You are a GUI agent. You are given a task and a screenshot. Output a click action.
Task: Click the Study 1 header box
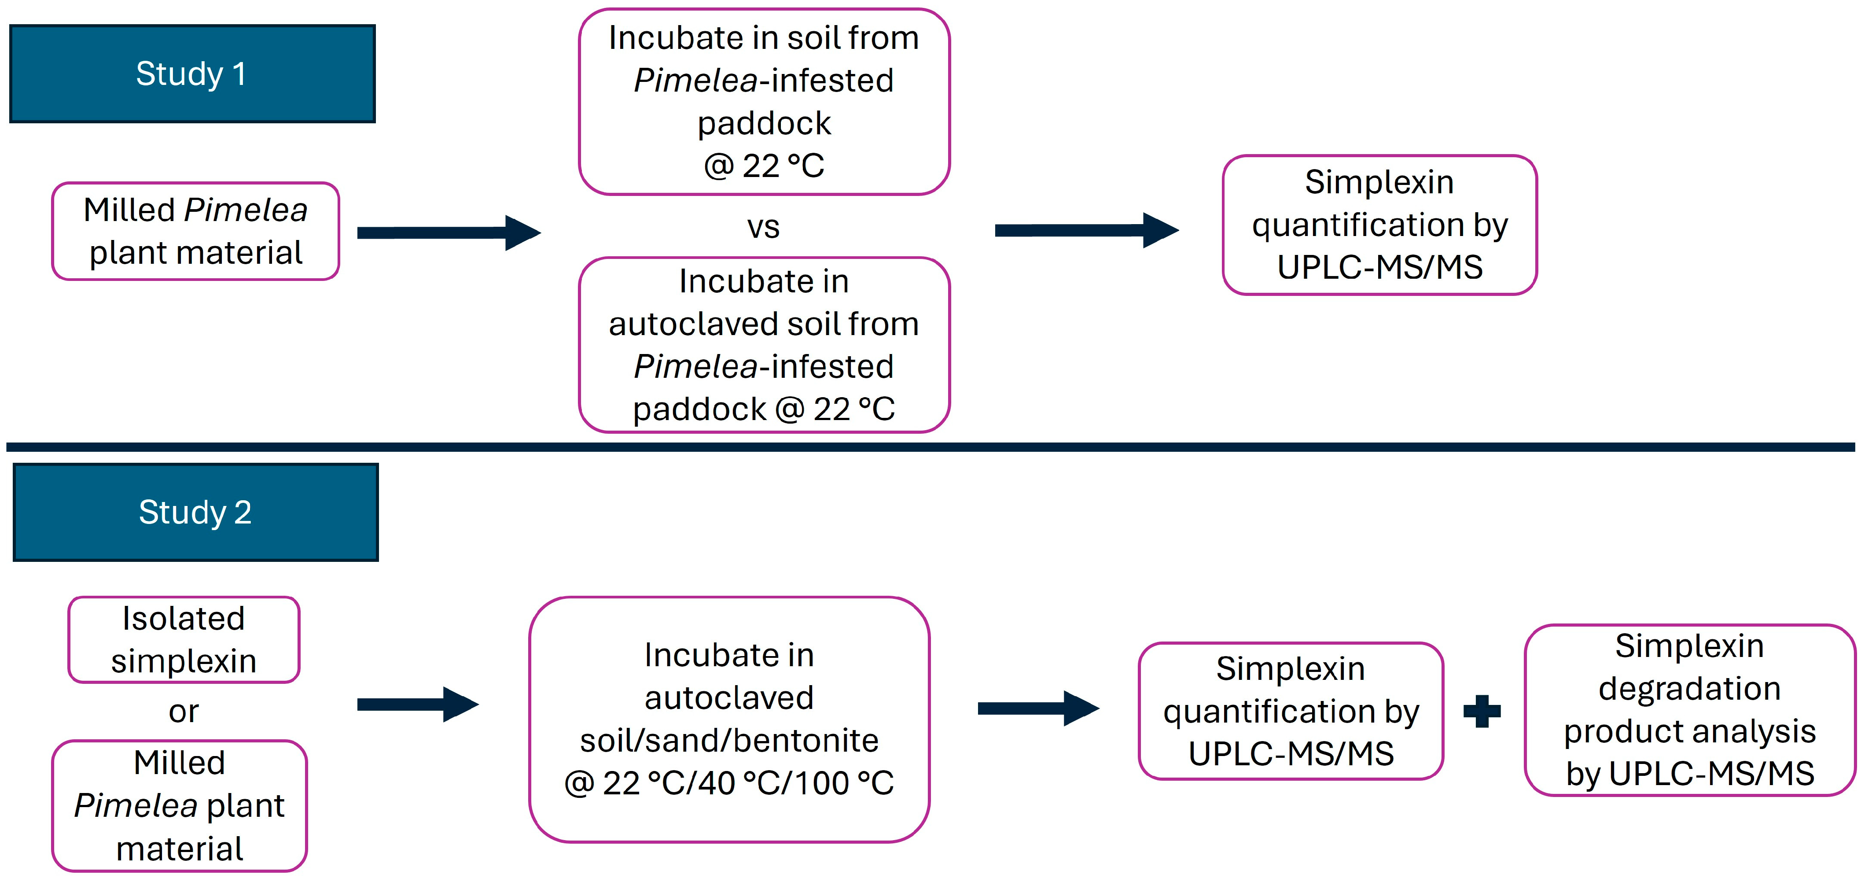point(192,74)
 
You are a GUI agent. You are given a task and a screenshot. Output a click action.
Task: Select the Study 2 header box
point(195,513)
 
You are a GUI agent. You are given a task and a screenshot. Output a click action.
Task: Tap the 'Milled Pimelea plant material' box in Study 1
point(195,231)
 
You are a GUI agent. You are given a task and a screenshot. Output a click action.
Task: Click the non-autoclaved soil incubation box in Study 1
point(764,102)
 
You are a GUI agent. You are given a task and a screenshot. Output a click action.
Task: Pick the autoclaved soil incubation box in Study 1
point(764,345)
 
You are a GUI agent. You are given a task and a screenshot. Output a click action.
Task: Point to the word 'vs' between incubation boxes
point(763,227)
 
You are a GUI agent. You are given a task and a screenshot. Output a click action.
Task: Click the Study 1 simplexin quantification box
point(1379,225)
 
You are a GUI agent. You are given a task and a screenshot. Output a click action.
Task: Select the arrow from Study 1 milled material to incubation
point(448,232)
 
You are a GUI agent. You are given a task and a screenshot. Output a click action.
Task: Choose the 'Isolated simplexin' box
point(184,639)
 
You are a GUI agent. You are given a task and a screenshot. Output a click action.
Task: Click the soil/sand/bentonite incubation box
point(729,719)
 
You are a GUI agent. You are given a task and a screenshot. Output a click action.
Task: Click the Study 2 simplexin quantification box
point(1290,711)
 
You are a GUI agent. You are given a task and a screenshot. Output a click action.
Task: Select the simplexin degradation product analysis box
point(1689,710)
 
